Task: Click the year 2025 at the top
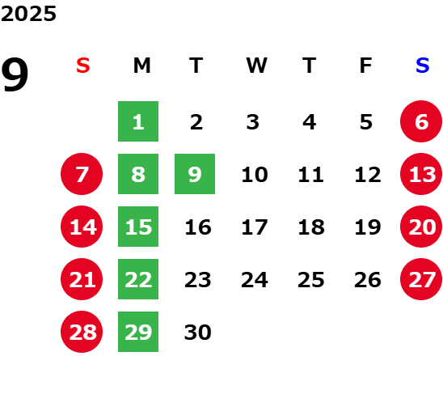pyautogui.click(x=28, y=14)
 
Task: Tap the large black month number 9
pyautogui.click(x=15, y=74)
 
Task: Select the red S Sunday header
pyautogui.click(x=83, y=66)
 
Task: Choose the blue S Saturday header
pyautogui.click(x=422, y=66)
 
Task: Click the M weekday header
pyautogui.click(x=141, y=66)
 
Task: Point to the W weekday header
pyautogui.click(x=256, y=66)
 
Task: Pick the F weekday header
pyautogui.click(x=366, y=66)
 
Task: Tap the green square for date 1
pyautogui.click(x=138, y=121)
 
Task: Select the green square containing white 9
pyautogui.click(x=195, y=174)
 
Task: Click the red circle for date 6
pyautogui.click(x=421, y=121)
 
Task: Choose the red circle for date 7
pyautogui.click(x=82, y=174)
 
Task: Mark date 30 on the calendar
pyautogui.click(x=198, y=332)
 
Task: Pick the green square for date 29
pyautogui.click(x=138, y=332)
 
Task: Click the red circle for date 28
pyautogui.click(x=82, y=332)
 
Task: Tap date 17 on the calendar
pyautogui.click(x=255, y=227)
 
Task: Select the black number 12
pyautogui.click(x=368, y=174)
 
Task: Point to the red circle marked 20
pyautogui.click(x=421, y=227)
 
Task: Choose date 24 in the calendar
pyautogui.click(x=255, y=280)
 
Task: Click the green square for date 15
pyautogui.click(x=138, y=227)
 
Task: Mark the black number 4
pyautogui.click(x=310, y=122)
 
